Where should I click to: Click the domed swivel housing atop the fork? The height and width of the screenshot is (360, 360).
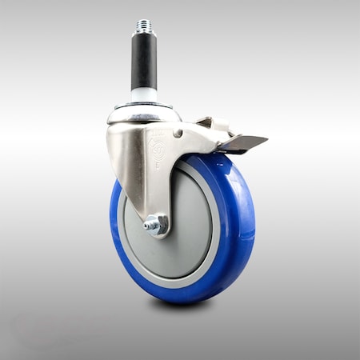[144, 115]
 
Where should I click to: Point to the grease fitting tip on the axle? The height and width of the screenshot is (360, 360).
[148, 227]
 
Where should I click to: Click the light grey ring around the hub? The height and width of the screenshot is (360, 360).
[214, 240]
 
